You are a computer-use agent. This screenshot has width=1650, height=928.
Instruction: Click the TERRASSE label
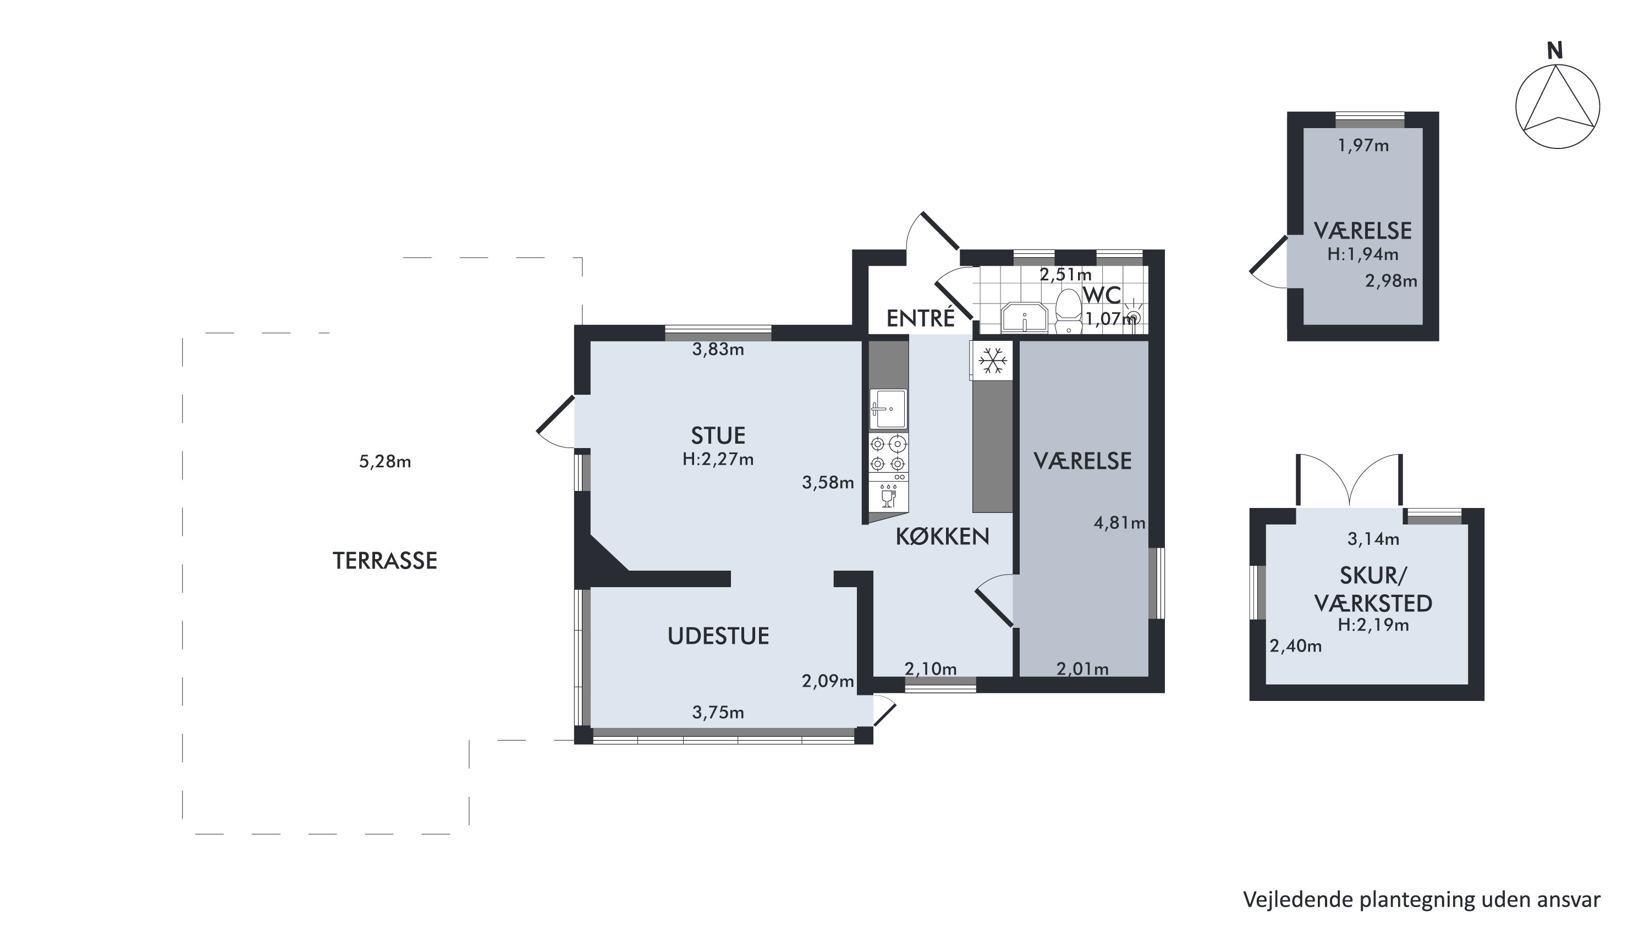pyautogui.click(x=385, y=560)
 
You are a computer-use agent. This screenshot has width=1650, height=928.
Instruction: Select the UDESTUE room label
pyautogui.click(x=718, y=636)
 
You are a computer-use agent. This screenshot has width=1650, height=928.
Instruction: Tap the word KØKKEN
pyautogui.click(x=942, y=536)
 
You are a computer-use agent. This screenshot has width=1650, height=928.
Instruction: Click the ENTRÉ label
pyautogui.click(x=921, y=318)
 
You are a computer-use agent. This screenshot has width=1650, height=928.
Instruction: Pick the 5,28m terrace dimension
pyautogui.click(x=385, y=461)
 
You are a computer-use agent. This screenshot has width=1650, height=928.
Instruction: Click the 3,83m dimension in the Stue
pyautogui.click(x=718, y=349)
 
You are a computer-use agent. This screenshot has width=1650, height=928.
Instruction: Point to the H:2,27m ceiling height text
pyautogui.click(x=718, y=459)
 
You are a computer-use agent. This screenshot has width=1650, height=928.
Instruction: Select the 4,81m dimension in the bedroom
pyautogui.click(x=1119, y=523)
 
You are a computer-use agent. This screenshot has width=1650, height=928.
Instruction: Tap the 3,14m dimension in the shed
pyautogui.click(x=1373, y=539)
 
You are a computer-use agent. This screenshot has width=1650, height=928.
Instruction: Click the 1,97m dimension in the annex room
pyautogui.click(x=1363, y=145)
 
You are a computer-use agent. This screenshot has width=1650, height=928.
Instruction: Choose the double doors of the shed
pyautogui.click(x=1350, y=480)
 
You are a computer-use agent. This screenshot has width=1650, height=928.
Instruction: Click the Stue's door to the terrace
pyautogui.click(x=555, y=422)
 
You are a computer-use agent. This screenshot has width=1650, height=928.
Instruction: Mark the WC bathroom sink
pyautogui.click(x=1024, y=318)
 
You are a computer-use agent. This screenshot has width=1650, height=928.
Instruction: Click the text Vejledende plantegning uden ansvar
pyautogui.click(x=1421, y=900)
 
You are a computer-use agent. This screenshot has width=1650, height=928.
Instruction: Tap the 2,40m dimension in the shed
pyautogui.click(x=1296, y=646)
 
